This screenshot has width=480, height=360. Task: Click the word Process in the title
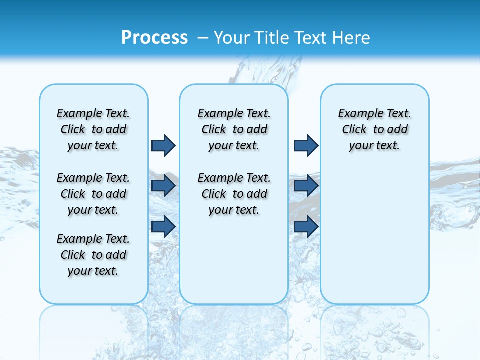154,38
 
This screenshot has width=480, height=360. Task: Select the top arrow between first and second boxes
163,145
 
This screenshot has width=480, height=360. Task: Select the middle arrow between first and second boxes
163,186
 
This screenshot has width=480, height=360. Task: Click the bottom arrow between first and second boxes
163,226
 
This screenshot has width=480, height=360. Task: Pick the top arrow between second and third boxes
306,145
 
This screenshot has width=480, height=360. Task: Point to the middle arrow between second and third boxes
306,186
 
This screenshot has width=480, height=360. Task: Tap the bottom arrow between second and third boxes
306,226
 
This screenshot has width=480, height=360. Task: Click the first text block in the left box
93,129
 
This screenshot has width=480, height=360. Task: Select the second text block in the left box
93,194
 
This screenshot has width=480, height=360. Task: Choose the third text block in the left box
93,255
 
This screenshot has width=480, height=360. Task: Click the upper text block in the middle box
234,129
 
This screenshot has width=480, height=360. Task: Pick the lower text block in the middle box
234,194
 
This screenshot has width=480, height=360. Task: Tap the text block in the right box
374,129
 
